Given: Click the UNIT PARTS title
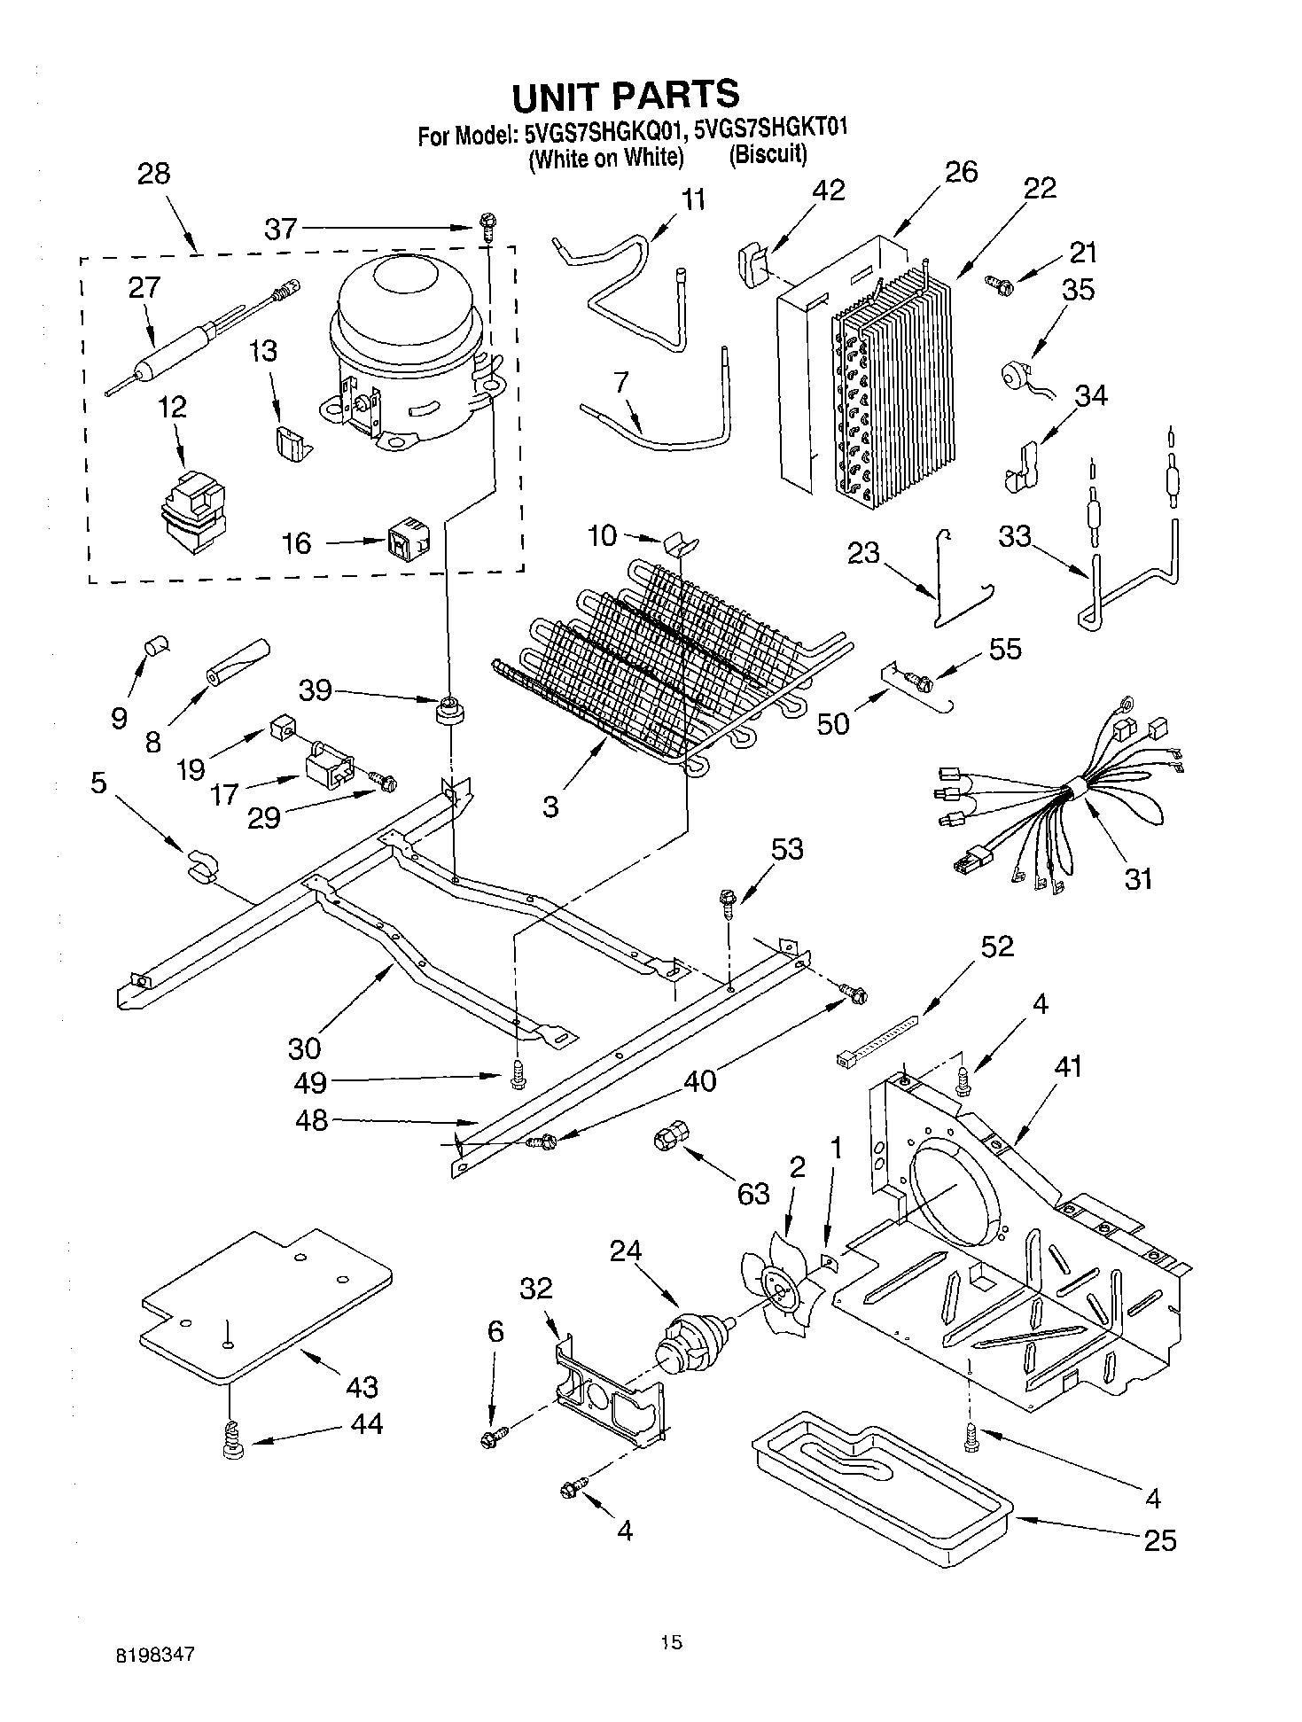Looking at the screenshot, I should coord(625,95).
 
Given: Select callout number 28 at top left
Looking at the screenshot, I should coord(154,173).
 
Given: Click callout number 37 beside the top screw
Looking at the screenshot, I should coord(281,229).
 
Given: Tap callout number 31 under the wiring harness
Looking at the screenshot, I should coord(1138,878).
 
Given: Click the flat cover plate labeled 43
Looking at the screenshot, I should coord(266,1303).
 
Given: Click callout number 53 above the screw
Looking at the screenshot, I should coord(786,848).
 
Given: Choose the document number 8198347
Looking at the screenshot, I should coord(155,1655).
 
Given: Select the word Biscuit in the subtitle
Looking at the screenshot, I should coord(768,155).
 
